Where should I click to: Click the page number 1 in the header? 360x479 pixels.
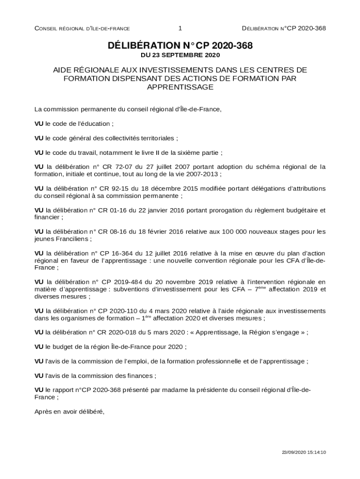[x=180, y=29]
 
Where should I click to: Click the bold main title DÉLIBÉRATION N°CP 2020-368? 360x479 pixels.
[x=180, y=45]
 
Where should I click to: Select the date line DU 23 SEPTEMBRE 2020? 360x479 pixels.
[x=180, y=55]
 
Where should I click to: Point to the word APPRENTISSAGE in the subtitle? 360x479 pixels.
[x=180, y=87]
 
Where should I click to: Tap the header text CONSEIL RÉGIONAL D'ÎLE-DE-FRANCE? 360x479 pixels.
[x=82, y=29]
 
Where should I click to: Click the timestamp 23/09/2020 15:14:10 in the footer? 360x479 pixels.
[x=303, y=452]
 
